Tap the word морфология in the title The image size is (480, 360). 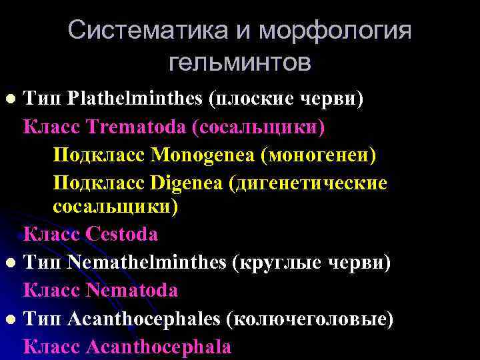click(x=335, y=31)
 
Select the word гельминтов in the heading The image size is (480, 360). click(x=239, y=63)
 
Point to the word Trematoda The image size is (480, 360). click(x=130, y=127)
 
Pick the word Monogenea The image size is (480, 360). click(x=202, y=155)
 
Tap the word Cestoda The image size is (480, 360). click(x=122, y=234)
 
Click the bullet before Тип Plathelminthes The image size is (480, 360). click(x=10, y=99)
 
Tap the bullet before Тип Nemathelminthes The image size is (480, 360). click(x=10, y=263)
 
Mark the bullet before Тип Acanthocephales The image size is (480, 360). click(x=10, y=319)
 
